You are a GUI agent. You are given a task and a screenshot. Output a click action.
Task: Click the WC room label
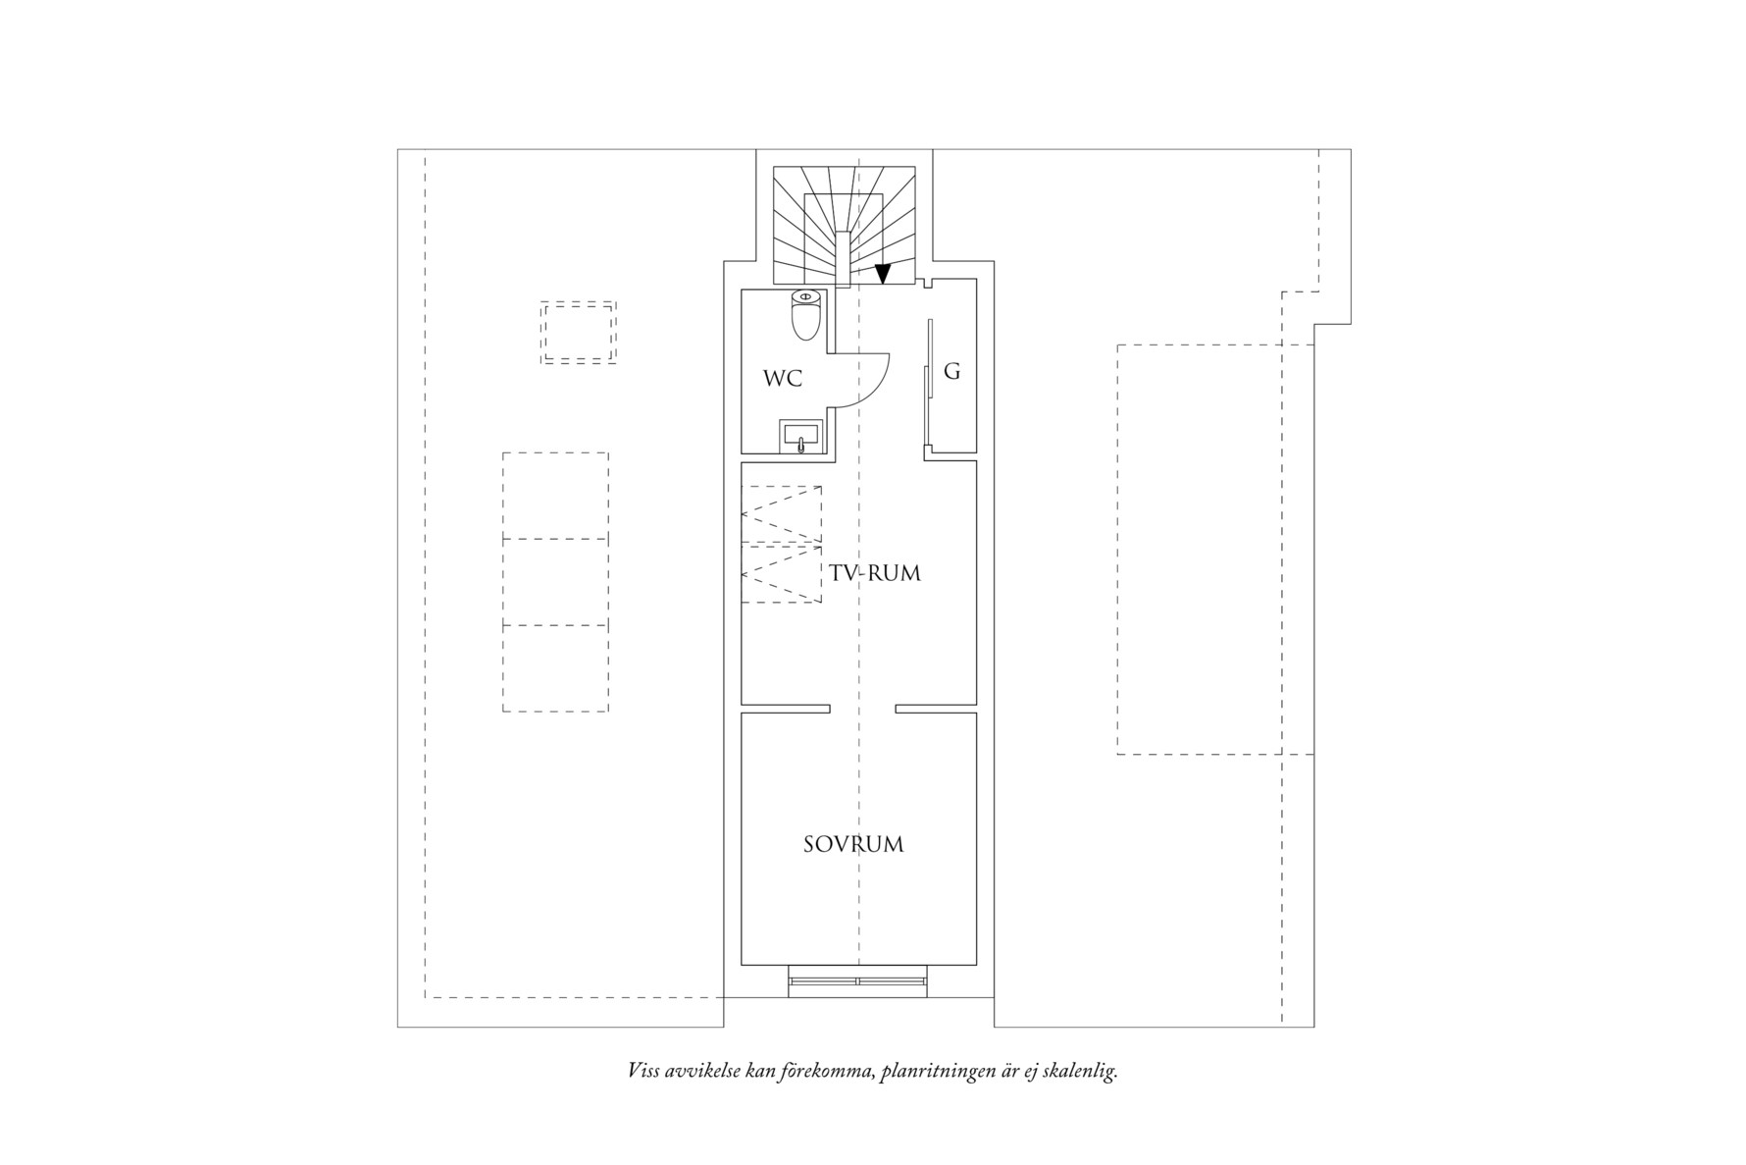[783, 379]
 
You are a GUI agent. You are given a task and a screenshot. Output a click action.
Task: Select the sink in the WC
[801, 436]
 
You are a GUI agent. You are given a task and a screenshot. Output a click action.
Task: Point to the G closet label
[951, 372]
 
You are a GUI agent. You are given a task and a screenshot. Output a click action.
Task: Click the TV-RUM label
[875, 573]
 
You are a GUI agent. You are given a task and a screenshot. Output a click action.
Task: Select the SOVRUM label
[853, 844]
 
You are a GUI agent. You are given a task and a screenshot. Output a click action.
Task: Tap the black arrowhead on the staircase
[882, 275]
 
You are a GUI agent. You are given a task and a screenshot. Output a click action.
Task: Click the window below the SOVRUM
[857, 980]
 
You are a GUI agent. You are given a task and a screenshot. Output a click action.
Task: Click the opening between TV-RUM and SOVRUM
[862, 709]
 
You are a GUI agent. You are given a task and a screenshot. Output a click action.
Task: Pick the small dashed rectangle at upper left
[578, 333]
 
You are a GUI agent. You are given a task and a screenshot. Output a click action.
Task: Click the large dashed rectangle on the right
[1200, 550]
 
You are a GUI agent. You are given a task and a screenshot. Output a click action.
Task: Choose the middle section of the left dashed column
[555, 582]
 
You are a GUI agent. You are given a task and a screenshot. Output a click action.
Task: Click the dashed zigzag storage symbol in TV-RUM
[782, 544]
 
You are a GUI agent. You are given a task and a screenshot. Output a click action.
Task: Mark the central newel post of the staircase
[843, 257]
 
